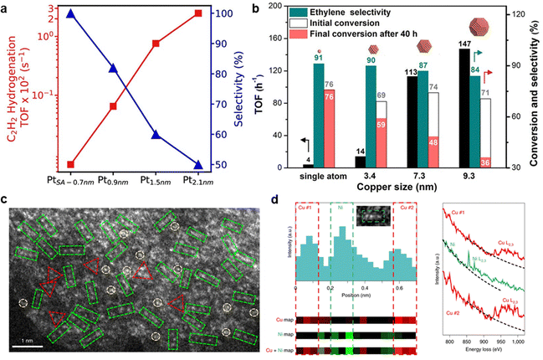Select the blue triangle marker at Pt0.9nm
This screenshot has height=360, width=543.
114,69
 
